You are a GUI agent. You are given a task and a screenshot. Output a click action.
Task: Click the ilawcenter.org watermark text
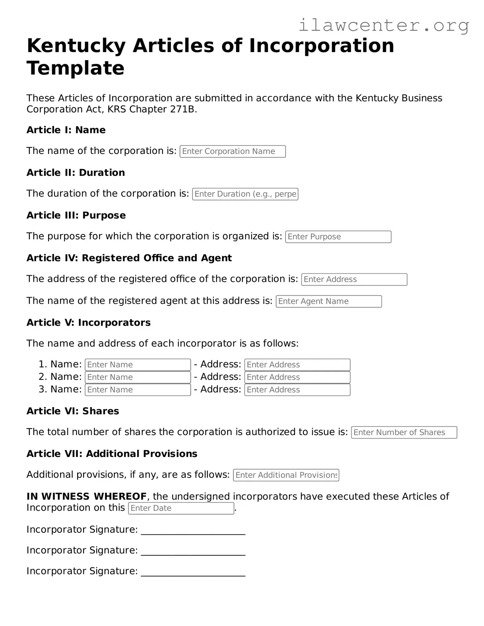point(383,26)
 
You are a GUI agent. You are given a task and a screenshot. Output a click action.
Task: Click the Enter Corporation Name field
point(233,152)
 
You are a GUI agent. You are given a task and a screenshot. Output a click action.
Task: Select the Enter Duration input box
point(245,194)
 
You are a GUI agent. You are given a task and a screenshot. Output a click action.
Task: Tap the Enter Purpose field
point(338,237)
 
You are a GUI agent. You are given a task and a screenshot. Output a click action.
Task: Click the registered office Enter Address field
point(354,279)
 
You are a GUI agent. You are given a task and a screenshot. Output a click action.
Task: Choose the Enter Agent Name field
point(329,301)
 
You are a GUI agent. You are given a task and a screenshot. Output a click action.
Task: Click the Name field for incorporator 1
point(138,365)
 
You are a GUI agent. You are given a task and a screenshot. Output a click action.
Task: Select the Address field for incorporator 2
point(297,377)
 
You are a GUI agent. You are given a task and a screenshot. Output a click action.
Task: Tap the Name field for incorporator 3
point(138,390)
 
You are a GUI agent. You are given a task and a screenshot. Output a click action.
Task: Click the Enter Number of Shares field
point(404,433)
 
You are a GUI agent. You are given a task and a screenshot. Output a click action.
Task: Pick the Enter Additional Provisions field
point(286,475)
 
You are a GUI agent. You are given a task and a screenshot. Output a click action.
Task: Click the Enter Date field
point(181,508)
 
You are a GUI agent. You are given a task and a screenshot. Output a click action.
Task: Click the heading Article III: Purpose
point(76,215)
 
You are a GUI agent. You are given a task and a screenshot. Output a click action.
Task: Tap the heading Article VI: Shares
point(73,411)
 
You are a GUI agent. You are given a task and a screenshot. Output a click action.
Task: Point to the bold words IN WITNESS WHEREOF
point(86,496)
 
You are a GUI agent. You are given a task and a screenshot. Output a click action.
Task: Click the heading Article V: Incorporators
point(88,323)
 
